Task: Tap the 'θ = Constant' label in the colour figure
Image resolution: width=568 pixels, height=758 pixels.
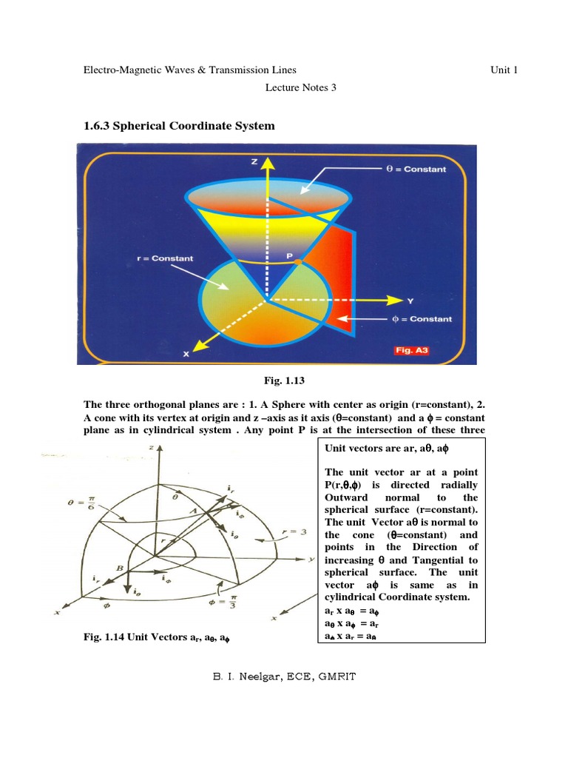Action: pos(416,170)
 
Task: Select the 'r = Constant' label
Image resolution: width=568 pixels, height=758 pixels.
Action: pos(166,258)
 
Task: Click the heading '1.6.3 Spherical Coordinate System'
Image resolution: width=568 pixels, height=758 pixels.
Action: pos(180,126)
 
